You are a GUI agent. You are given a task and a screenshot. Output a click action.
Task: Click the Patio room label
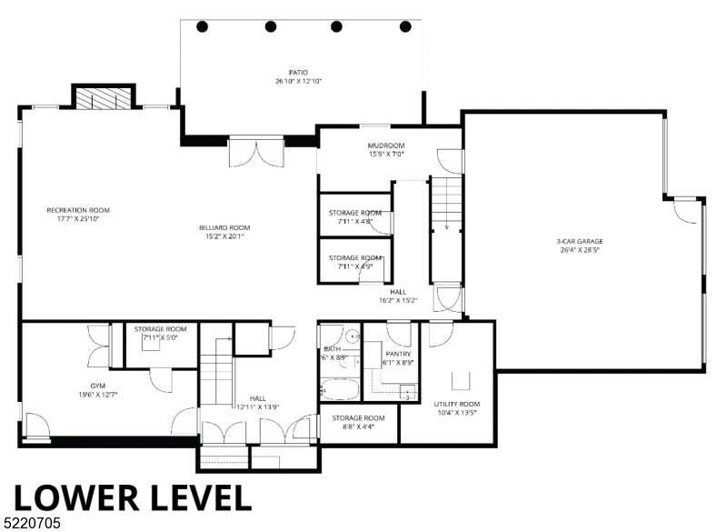point(298,76)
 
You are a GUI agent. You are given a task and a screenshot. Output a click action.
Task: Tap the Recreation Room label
point(85,215)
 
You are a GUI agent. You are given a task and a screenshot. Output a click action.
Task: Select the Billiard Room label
point(224,232)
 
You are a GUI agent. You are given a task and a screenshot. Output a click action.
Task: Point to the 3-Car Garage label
point(579,246)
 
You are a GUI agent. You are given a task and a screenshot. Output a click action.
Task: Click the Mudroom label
point(386,150)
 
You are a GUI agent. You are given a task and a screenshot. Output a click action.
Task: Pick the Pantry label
point(398,358)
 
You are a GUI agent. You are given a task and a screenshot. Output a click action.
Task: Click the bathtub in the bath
point(340,391)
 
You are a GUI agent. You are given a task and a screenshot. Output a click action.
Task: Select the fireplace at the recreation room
point(104,98)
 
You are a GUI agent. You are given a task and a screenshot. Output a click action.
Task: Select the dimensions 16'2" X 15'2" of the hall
point(398,301)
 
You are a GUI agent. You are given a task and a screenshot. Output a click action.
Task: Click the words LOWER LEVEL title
point(132,497)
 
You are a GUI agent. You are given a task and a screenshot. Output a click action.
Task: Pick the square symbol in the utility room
point(461,378)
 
